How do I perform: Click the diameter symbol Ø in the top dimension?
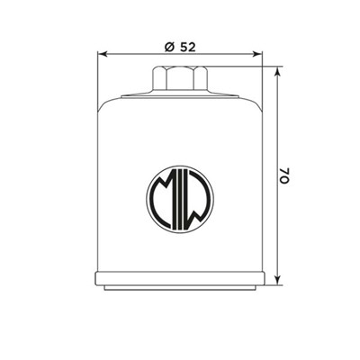pyautogui.click(x=169, y=47)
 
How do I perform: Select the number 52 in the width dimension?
pyautogui.click(x=188, y=47)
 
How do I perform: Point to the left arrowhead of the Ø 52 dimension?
pyautogui.click(x=101, y=55)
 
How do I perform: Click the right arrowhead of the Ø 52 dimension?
pyautogui.click(x=259, y=55)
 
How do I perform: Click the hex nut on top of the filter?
pyautogui.click(x=180, y=78)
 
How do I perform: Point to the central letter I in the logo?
pyautogui.click(x=180, y=194)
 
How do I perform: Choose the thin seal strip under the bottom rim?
pyautogui.click(x=180, y=288)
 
